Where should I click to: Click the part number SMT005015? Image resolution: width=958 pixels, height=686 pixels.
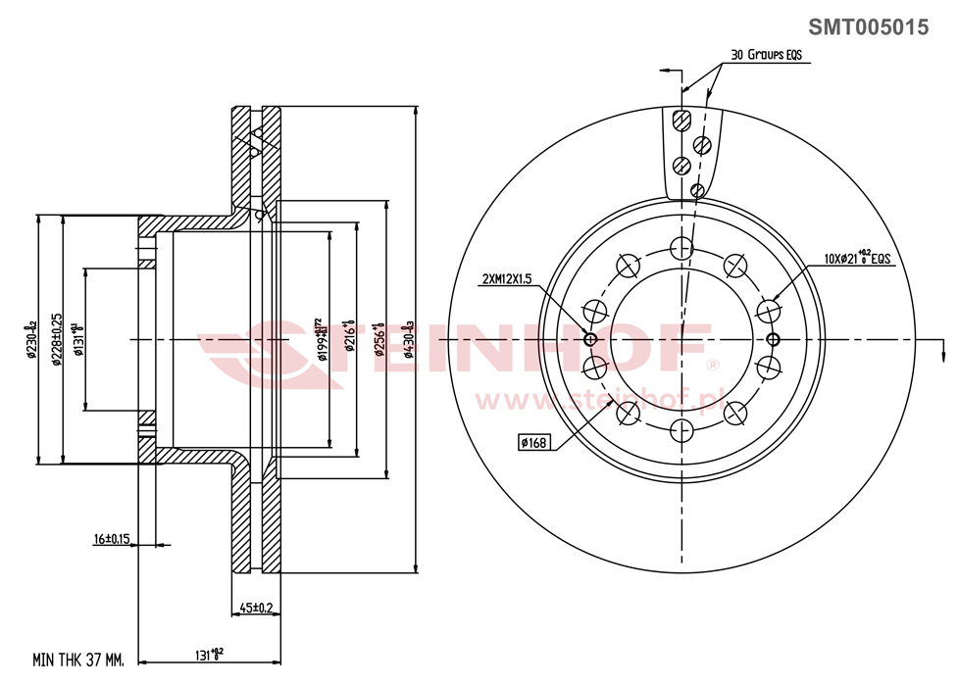coord(867,27)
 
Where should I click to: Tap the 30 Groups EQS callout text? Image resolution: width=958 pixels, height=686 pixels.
coord(766,56)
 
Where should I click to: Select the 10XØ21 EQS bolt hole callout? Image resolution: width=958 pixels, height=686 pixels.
coord(856,259)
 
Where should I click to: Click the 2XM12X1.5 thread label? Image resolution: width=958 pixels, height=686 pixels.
coord(506,279)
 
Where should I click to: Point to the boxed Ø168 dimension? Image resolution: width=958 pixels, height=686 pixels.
coord(533,443)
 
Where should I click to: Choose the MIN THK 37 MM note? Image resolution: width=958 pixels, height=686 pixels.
coord(77,661)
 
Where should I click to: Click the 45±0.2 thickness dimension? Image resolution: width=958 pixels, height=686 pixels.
coord(256,609)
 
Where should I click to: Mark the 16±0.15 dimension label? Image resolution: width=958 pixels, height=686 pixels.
coord(112,539)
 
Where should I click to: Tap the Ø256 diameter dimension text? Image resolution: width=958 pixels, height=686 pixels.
coord(378,338)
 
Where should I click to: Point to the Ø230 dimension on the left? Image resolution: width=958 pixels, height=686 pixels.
coord(31,338)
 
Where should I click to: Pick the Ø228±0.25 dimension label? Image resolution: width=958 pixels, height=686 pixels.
coord(58,338)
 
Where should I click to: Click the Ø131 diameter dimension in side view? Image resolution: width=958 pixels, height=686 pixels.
coord(79,338)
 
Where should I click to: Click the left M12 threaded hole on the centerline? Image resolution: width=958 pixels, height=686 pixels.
coord(590,339)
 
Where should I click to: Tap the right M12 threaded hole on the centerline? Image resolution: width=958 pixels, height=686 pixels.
coord(773,339)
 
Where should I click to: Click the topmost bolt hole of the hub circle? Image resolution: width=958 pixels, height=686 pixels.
coord(681,247)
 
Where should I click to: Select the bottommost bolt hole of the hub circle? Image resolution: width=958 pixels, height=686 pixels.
coord(681,430)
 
